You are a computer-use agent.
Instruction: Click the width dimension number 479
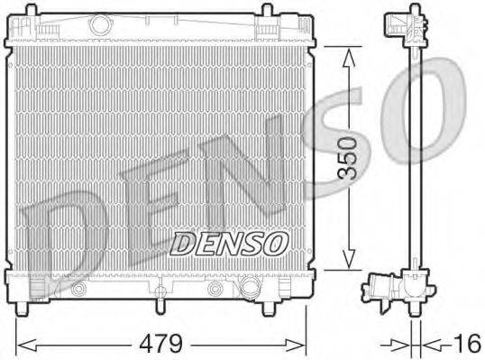160,344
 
